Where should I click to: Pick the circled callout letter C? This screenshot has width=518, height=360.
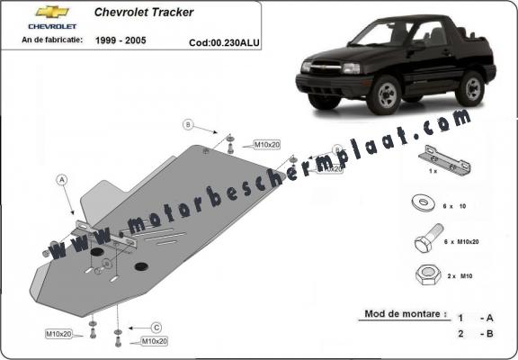(x=156, y=326)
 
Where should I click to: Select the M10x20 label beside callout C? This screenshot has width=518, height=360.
(x=154, y=341)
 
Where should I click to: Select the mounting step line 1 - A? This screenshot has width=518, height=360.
(x=475, y=318)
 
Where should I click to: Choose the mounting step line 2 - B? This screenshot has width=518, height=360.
(x=475, y=334)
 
